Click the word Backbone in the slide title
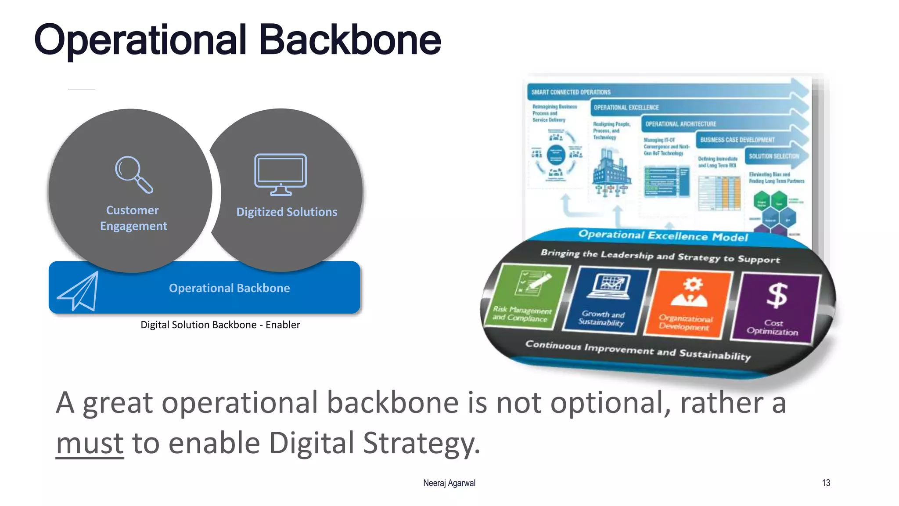point(350,40)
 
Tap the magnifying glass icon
point(133,174)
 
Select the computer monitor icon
point(280,174)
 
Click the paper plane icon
point(79,292)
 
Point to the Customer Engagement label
point(133,218)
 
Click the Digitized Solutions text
point(287,212)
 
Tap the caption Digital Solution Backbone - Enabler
point(220,325)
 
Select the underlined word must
point(90,443)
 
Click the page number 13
point(826,483)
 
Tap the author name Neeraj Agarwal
point(449,483)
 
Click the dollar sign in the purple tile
point(777,295)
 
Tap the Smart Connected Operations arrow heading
point(571,92)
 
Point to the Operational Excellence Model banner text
point(663,236)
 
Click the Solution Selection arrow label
point(773,156)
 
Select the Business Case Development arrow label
point(737,140)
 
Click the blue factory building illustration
point(611,171)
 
